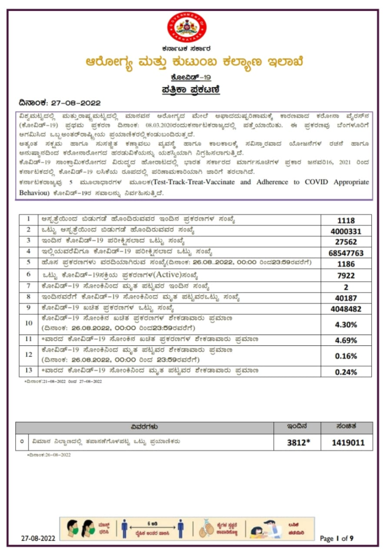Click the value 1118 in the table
(346, 220)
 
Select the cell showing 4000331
(346, 231)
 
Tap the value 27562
(346, 242)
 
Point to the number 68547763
(346, 253)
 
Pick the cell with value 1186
(346, 264)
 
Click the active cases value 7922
(346, 275)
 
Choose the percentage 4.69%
(346, 340)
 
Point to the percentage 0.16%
(346, 356)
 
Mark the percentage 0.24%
(346, 372)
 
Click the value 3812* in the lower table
(298, 443)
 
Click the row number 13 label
(28, 371)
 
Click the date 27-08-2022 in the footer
(38, 539)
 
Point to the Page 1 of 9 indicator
(337, 539)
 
